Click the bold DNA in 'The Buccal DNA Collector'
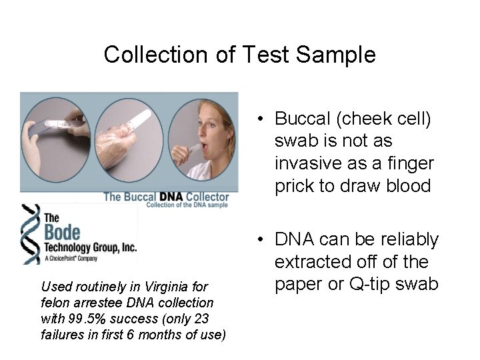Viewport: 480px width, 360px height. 171,196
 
